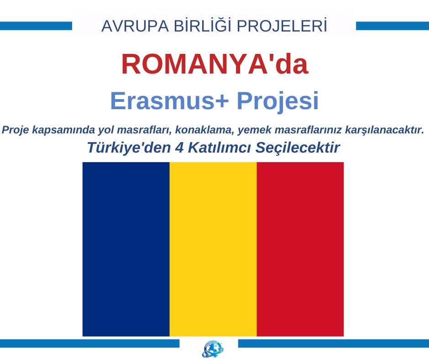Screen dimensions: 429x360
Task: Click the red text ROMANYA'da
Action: [215, 64]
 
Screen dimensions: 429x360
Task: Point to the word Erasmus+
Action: [169, 101]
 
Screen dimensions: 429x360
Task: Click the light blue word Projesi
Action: [277, 101]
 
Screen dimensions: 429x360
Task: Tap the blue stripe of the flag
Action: [126, 249]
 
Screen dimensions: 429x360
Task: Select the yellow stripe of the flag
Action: [213, 249]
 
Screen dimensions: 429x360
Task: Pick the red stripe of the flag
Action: [300, 249]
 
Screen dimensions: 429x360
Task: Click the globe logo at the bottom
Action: [213, 349]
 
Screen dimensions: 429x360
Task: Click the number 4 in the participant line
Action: [179, 148]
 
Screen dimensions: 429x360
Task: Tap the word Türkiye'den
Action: [129, 148]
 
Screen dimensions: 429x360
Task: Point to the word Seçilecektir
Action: [298, 148]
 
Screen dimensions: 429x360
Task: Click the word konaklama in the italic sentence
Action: [204, 130]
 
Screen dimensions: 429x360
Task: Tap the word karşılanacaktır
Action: [384, 130]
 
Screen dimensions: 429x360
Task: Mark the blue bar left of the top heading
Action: [36, 26]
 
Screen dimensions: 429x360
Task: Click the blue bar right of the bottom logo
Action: [334, 344]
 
